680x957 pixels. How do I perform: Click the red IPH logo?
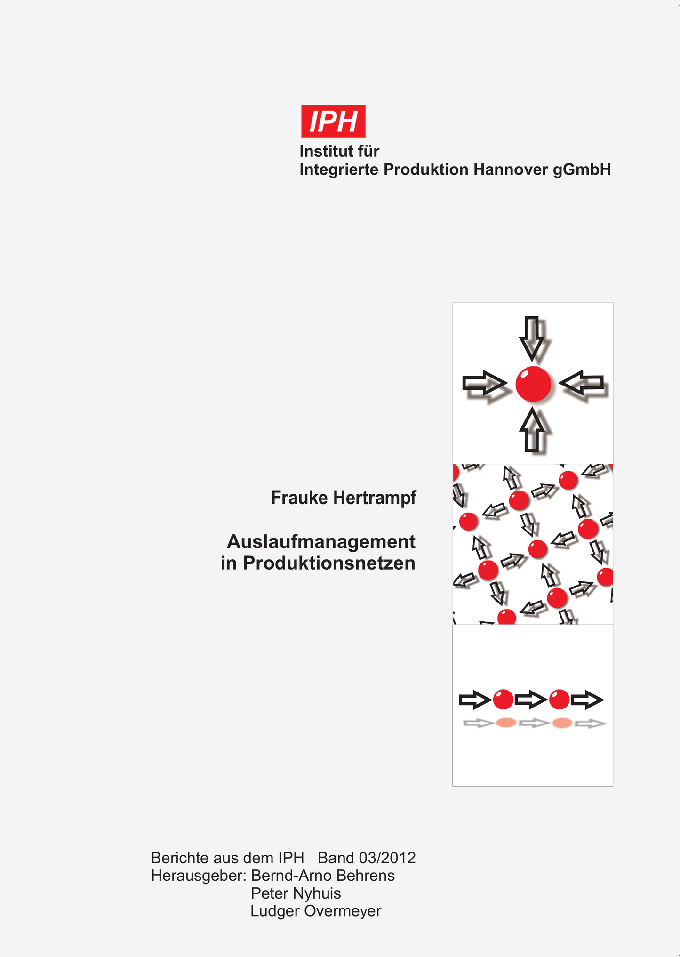(333, 121)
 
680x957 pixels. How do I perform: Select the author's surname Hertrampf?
(375, 498)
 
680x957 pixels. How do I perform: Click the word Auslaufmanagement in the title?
(321, 542)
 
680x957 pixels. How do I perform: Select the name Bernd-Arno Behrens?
(323, 876)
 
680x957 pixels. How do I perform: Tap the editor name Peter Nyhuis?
(296, 893)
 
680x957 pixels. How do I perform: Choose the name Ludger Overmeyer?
(315, 911)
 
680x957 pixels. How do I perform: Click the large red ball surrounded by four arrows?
(533, 384)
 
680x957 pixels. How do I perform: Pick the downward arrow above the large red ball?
(532, 338)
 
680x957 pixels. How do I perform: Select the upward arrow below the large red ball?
(532, 430)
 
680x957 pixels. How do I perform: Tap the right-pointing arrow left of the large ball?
(484, 383)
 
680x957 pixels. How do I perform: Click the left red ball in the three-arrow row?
(503, 700)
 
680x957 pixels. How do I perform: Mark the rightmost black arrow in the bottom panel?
(587, 700)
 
